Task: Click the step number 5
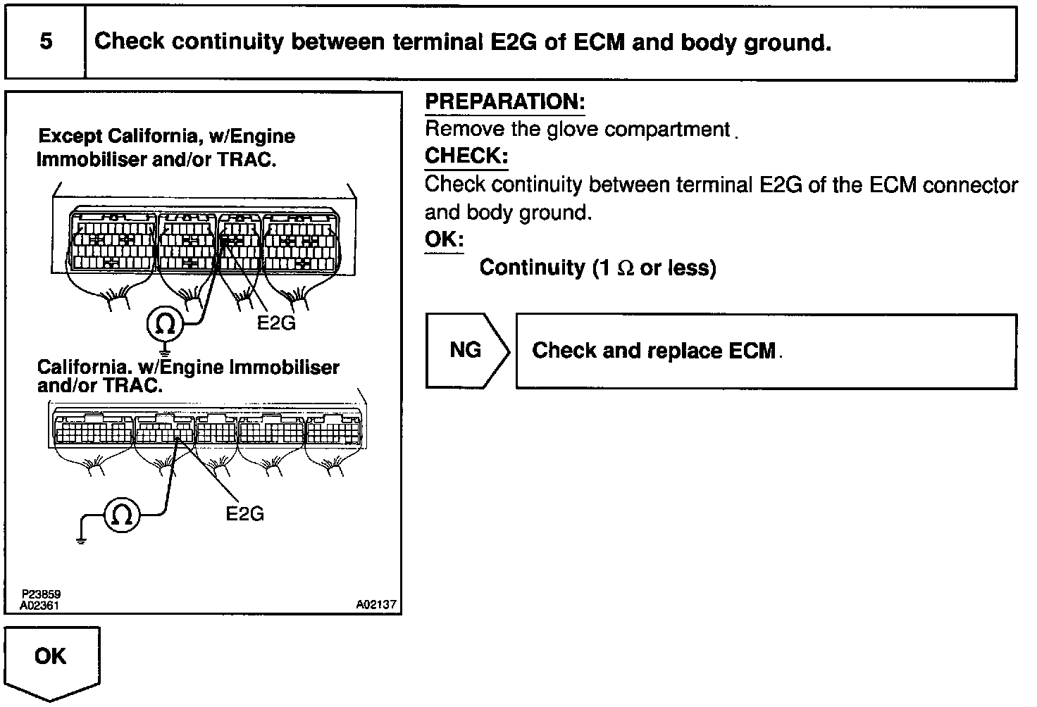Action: (46, 42)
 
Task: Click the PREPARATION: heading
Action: (504, 102)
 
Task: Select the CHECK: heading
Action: (466, 156)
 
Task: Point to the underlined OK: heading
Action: (444, 239)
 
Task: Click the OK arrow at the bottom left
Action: (51, 659)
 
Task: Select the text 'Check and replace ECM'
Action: (653, 351)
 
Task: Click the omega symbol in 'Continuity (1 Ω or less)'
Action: (625, 268)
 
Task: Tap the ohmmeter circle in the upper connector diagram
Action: (165, 324)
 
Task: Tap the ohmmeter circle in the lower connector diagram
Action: (122, 515)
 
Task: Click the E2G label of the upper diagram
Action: (276, 323)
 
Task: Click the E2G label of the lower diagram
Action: (244, 514)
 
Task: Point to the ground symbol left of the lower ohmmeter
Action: (80, 539)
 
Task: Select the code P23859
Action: (40, 594)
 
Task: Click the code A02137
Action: (375, 604)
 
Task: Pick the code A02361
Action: (39, 604)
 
